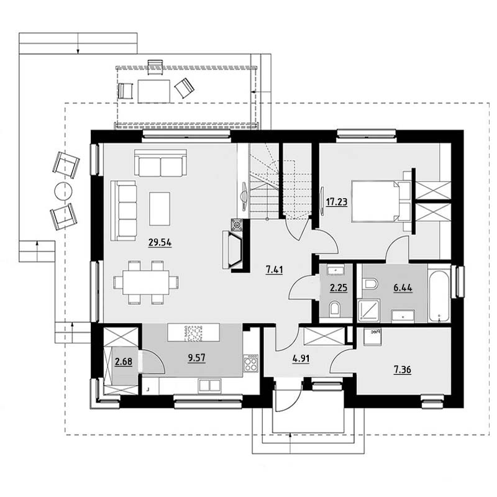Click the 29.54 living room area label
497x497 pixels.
(x=160, y=243)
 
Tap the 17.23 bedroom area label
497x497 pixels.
(x=337, y=202)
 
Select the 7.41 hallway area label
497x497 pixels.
(x=275, y=270)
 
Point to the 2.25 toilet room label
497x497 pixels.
(x=339, y=288)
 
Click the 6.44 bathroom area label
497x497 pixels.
(x=403, y=288)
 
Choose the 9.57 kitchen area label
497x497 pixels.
(x=196, y=358)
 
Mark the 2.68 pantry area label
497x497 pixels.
(x=124, y=362)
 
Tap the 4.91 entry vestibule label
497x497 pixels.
(x=301, y=359)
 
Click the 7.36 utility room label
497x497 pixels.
(x=403, y=370)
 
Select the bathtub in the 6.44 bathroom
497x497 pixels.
(x=439, y=296)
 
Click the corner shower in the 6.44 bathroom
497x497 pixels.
(x=369, y=311)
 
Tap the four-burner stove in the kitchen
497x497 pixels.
(x=251, y=363)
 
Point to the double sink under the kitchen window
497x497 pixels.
(x=209, y=386)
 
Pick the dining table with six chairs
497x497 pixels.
(x=146, y=283)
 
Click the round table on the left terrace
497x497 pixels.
(x=63, y=191)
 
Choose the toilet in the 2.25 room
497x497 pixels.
(x=334, y=309)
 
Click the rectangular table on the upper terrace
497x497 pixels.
(x=153, y=91)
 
